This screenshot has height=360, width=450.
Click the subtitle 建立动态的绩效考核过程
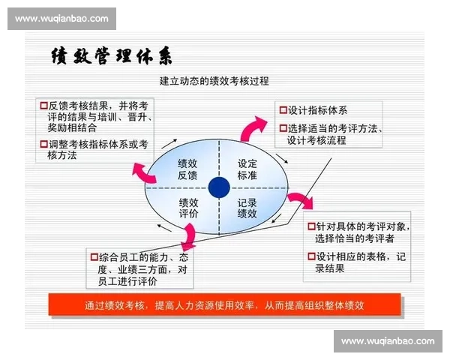pyautogui.click(x=214, y=80)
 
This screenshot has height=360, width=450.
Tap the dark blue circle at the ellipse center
pyautogui.click(x=219, y=187)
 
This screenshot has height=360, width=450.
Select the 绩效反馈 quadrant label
pyautogui.click(x=187, y=169)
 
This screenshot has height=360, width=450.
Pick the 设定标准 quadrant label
pyautogui.click(x=247, y=169)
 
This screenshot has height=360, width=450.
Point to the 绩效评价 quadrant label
pyautogui.click(x=188, y=208)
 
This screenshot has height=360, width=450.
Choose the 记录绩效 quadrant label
pyautogui.click(x=247, y=208)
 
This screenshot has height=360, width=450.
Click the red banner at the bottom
pyautogui.click(x=225, y=305)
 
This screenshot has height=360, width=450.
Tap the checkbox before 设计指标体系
pyautogui.click(x=283, y=109)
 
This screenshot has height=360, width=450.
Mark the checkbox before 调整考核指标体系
pyautogui.click(x=43, y=144)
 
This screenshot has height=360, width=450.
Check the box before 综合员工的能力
pyautogui.click(x=94, y=257)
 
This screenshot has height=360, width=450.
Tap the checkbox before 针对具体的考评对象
pyautogui.click(x=310, y=226)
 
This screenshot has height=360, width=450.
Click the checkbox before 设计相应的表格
pyautogui.click(x=310, y=256)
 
